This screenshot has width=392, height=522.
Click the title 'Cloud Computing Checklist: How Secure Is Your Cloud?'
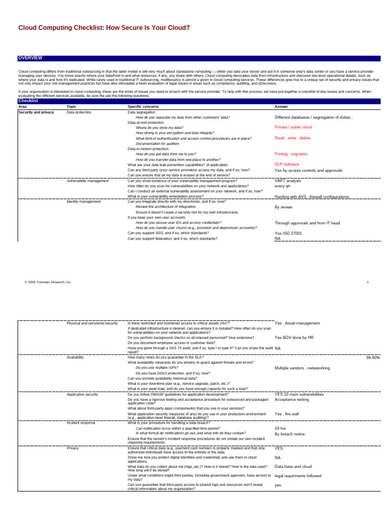[104, 28]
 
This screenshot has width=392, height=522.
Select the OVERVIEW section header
[31, 58]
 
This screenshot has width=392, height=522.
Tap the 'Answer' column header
[281, 107]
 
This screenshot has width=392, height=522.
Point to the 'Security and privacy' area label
[36, 112]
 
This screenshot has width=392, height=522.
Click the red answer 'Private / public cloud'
[293, 127]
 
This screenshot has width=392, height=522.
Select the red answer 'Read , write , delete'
[292, 138]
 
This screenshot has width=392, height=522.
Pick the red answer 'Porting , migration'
[291, 153]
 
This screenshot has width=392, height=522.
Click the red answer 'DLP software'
[287, 164]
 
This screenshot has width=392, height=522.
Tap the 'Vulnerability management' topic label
[87, 180]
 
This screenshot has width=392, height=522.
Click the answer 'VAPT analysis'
[288, 180]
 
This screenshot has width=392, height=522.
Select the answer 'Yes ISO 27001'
[288, 233]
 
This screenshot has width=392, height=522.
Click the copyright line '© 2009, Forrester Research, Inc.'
[48, 281]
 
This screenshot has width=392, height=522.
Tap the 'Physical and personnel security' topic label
[92, 323]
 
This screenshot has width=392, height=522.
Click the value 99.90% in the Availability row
[373, 358]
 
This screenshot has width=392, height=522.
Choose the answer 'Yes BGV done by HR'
[294, 337]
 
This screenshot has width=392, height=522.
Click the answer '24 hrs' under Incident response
[280, 428]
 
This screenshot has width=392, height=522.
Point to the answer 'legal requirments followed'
[298, 476]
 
